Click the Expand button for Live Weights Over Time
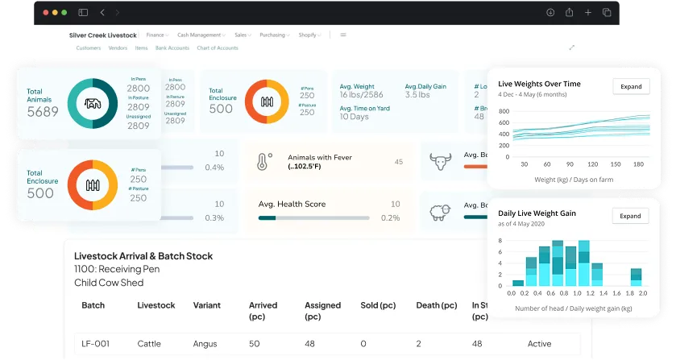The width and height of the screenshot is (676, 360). pos(630,86)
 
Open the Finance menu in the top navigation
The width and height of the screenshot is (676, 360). pos(156,35)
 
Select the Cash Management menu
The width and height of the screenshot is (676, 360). pos(199,35)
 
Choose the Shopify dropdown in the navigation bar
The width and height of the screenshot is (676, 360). pos(309,35)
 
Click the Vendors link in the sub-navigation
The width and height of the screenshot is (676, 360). pos(118,48)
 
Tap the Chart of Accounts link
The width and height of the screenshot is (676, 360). pos(218,48)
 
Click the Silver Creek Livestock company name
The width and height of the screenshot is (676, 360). pos(102,35)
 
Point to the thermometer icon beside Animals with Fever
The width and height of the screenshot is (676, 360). pos(264,162)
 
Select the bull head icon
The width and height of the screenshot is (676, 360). pos(440,161)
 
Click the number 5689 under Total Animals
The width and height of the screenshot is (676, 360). pos(43,112)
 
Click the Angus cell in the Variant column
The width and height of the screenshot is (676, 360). pos(205,344)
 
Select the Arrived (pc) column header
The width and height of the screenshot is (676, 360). pos(263,305)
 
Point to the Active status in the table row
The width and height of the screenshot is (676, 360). pos(540,344)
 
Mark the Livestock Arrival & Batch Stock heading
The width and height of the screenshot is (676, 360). pos(143,256)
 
